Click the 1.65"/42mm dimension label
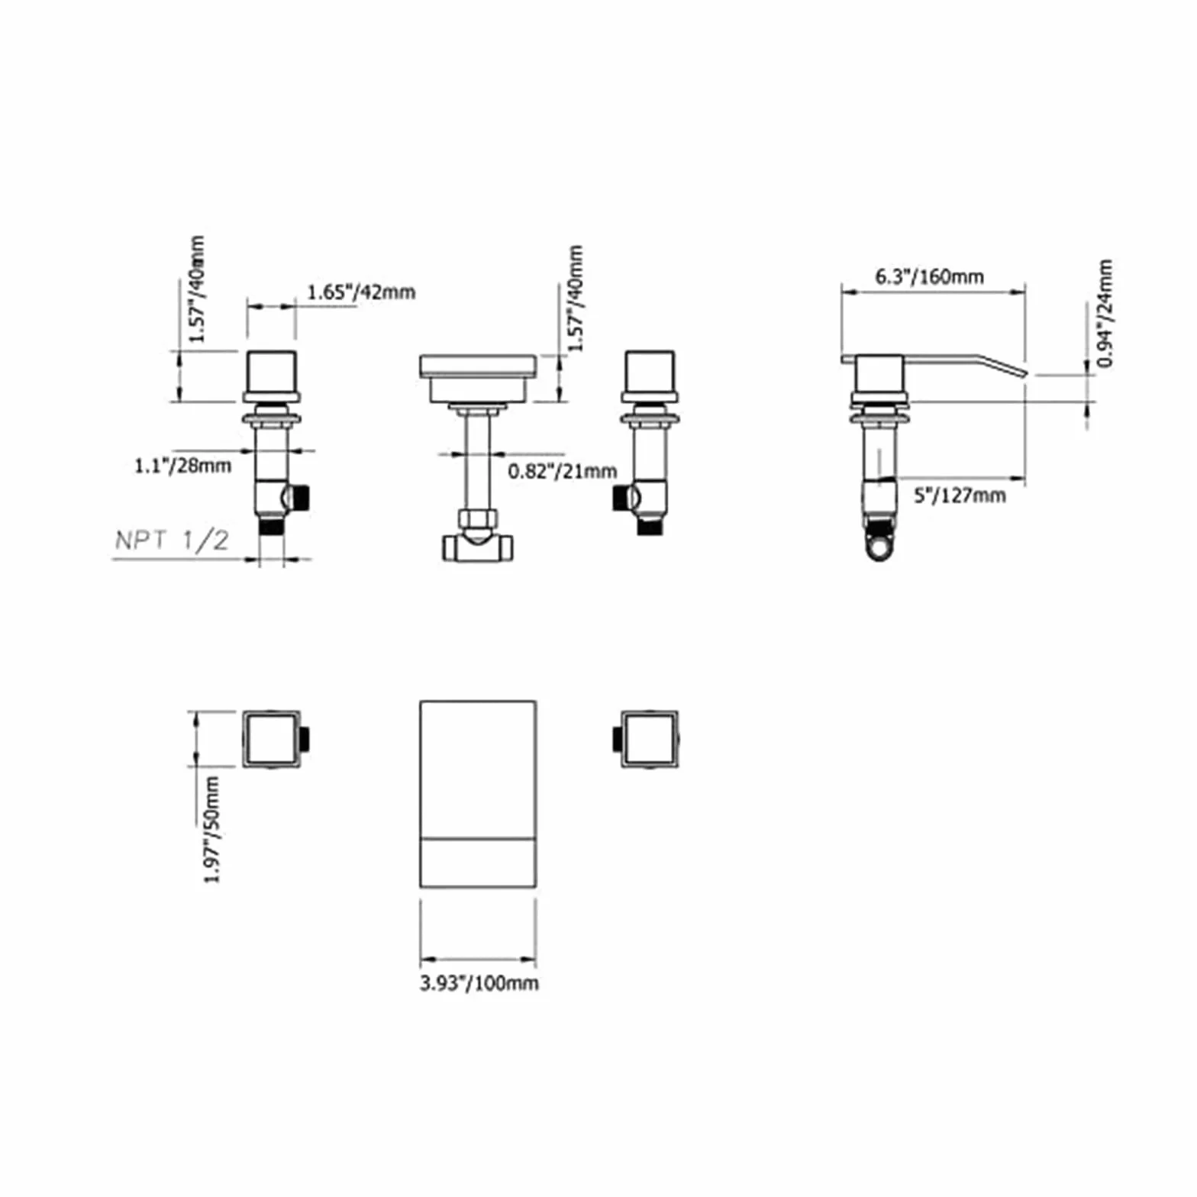tap(361, 292)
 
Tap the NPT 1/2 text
tap(172, 540)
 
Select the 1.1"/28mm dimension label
tap(182, 465)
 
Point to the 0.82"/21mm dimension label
tap(563, 471)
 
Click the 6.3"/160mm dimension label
tap(929, 276)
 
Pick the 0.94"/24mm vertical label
tap(1105, 313)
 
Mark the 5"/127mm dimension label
tap(960, 495)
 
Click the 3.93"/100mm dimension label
tap(479, 983)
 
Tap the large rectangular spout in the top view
tap(478, 794)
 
